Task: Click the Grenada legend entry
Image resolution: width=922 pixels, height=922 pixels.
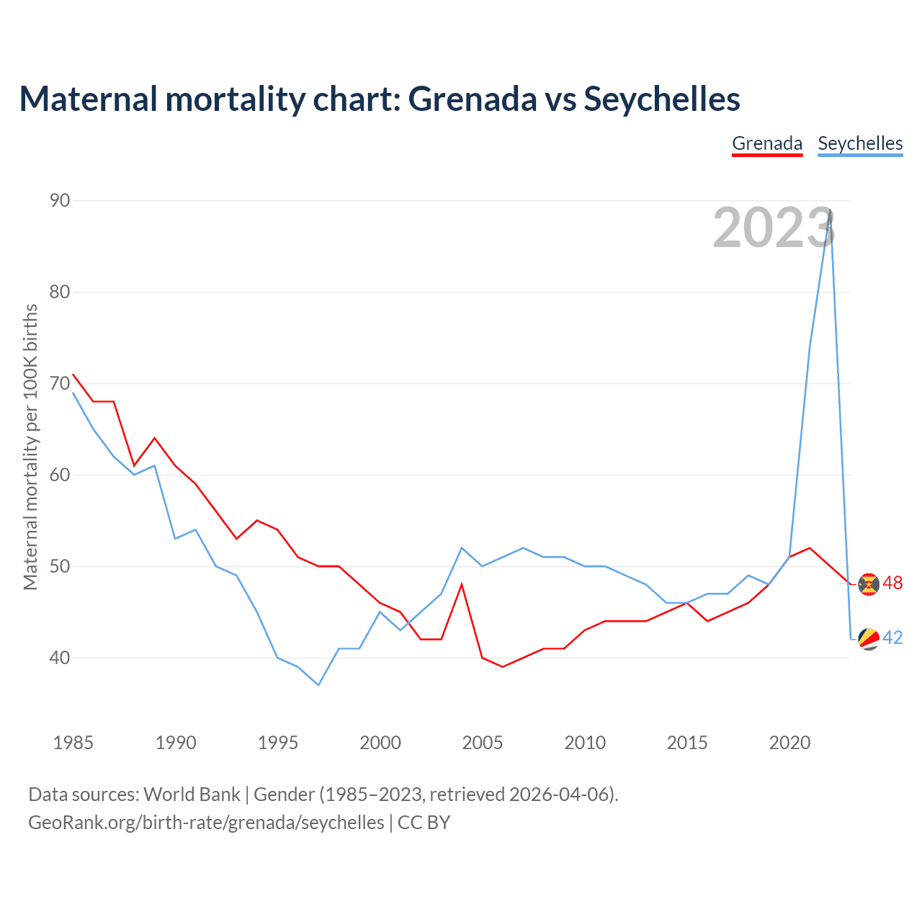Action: pos(767,143)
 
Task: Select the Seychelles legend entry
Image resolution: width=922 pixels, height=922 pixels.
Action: pos(860,143)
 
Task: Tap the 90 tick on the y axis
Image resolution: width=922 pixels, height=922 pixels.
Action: pos(60,200)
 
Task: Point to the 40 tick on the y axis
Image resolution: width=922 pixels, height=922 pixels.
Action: pos(60,658)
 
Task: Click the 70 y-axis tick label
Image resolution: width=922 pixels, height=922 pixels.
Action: pos(60,383)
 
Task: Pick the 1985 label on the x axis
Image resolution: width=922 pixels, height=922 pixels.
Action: pos(73,743)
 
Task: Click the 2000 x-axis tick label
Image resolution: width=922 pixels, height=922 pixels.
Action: pos(380,743)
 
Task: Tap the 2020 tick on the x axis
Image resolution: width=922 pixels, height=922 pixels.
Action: pos(789,743)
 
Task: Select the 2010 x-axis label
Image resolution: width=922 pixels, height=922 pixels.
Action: pos(585,743)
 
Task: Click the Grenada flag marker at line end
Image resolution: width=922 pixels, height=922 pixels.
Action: pos(869,584)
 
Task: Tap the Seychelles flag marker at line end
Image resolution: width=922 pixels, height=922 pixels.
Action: pos(869,639)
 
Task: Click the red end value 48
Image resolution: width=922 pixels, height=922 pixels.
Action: pos(892,583)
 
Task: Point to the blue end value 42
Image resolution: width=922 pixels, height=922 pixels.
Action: pos(892,638)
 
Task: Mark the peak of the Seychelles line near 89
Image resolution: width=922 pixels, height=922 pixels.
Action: pos(831,210)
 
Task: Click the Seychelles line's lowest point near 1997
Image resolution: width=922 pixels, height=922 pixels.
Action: pos(318,684)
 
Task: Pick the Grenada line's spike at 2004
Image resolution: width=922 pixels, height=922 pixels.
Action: pos(462,584)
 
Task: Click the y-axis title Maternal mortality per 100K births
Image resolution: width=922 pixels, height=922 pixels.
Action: pos(30,447)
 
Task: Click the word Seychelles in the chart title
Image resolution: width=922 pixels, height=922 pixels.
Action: pos(661,99)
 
